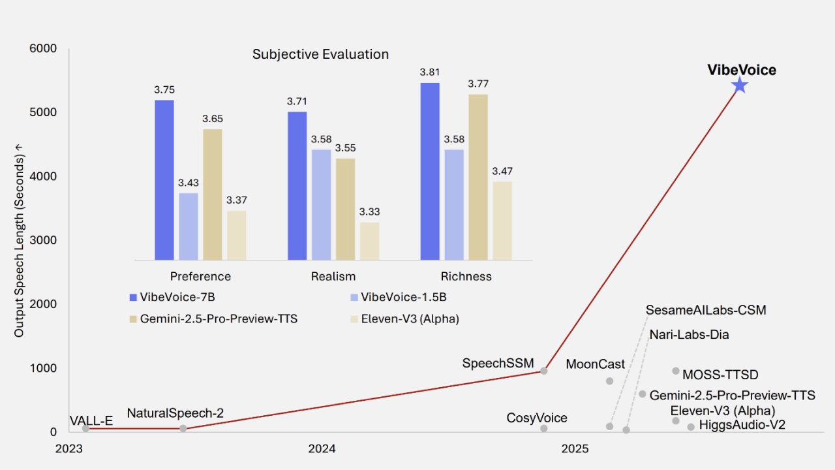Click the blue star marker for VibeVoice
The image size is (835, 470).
(x=739, y=86)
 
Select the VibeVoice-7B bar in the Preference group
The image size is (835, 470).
(x=164, y=180)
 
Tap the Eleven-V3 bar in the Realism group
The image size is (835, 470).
(x=369, y=241)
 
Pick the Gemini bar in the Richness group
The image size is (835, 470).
(x=478, y=177)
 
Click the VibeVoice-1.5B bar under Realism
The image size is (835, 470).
(x=321, y=204)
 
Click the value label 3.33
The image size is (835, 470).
(x=369, y=212)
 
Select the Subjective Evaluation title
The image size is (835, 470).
(x=320, y=54)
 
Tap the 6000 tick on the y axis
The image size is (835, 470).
(x=43, y=49)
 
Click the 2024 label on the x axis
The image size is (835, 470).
(x=322, y=448)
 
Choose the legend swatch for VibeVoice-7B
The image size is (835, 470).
(x=134, y=298)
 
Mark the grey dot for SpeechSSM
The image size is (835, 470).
(x=543, y=371)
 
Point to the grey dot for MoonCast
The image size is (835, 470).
(x=609, y=381)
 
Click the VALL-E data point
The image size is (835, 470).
(x=85, y=428)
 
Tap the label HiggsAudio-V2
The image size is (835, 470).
(x=742, y=425)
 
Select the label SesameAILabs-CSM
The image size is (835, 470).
(x=706, y=310)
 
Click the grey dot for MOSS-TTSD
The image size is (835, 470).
(x=676, y=371)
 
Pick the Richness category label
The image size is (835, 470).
(x=466, y=276)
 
